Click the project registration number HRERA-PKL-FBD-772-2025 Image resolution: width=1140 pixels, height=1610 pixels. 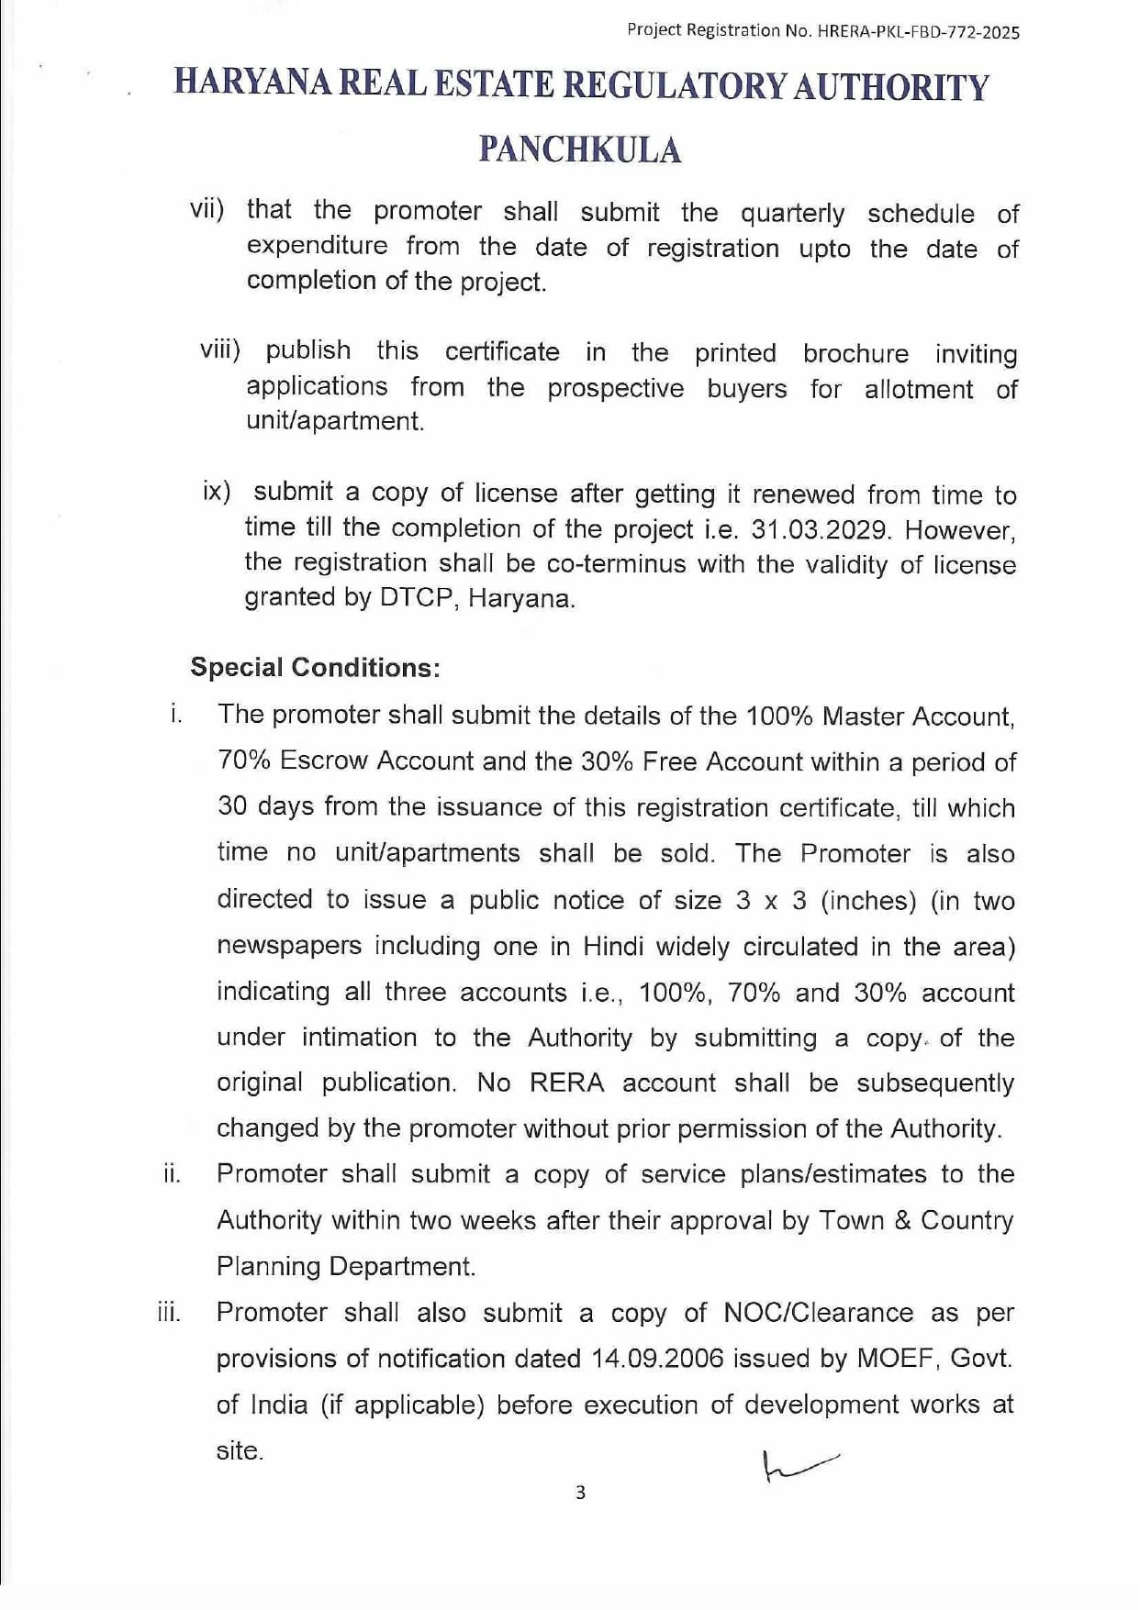pyautogui.click(x=917, y=31)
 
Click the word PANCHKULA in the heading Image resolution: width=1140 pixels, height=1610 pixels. pyautogui.click(x=580, y=149)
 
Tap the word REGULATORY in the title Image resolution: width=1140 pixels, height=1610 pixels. pyautogui.click(x=674, y=86)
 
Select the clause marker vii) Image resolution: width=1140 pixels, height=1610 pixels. pyautogui.click(x=207, y=209)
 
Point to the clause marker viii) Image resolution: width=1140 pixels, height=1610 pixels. pyautogui.click(x=220, y=350)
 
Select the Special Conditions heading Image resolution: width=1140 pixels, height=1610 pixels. pyautogui.click(x=315, y=667)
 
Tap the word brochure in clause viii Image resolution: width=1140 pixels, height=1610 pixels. pyautogui.click(x=855, y=353)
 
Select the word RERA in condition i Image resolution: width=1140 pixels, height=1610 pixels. pyautogui.click(x=567, y=1083)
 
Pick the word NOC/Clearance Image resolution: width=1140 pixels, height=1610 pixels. pyautogui.click(x=818, y=1313)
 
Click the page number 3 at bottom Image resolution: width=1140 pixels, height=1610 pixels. pyautogui.click(x=579, y=1493)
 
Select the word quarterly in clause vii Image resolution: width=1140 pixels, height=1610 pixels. pyautogui.click(x=792, y=214)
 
